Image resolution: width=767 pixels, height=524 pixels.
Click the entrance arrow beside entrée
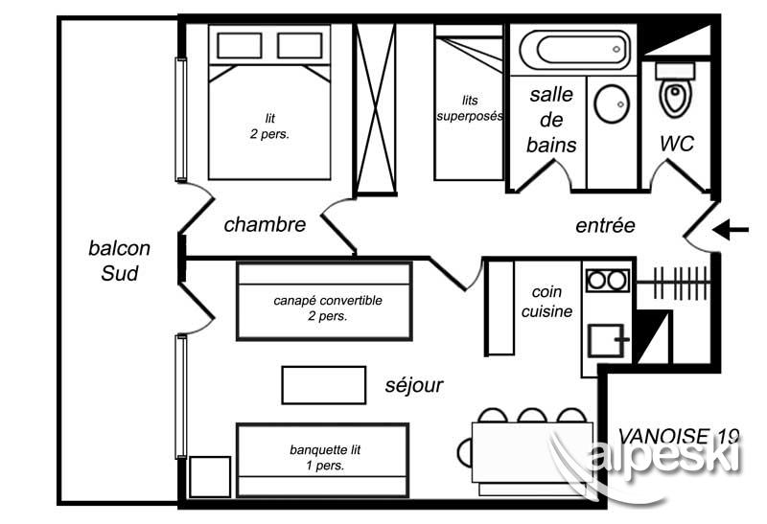[731, 229]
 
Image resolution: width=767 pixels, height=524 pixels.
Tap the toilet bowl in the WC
[676, 97]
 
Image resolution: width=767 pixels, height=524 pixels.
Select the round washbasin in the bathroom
[612, 104]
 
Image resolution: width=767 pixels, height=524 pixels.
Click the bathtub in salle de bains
[574, 50]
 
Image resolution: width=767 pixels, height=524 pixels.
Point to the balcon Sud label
[119, 261]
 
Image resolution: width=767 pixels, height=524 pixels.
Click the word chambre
[265, 224]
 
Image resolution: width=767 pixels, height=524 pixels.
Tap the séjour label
[414, 385]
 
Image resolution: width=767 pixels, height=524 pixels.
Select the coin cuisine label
[546, 302]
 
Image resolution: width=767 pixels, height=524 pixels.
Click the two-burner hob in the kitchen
[607, 280]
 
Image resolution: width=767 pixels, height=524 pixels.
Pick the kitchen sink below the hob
[606, 340]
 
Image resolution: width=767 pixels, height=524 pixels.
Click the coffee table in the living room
[324, 385]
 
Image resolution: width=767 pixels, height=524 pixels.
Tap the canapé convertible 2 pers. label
[328, 308]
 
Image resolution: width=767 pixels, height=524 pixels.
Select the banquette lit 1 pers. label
[325, 458]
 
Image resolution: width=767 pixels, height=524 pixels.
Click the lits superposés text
[470, 108]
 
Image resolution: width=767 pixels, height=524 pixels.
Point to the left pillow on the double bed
[239, 45]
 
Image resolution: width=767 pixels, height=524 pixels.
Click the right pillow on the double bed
[299, 45]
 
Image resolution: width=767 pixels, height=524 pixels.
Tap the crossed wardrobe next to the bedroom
[376, 108]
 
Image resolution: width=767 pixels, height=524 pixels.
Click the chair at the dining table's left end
[465, 452]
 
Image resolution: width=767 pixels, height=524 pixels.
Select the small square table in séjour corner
[210, 477]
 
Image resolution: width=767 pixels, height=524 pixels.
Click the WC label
[677, 144]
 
